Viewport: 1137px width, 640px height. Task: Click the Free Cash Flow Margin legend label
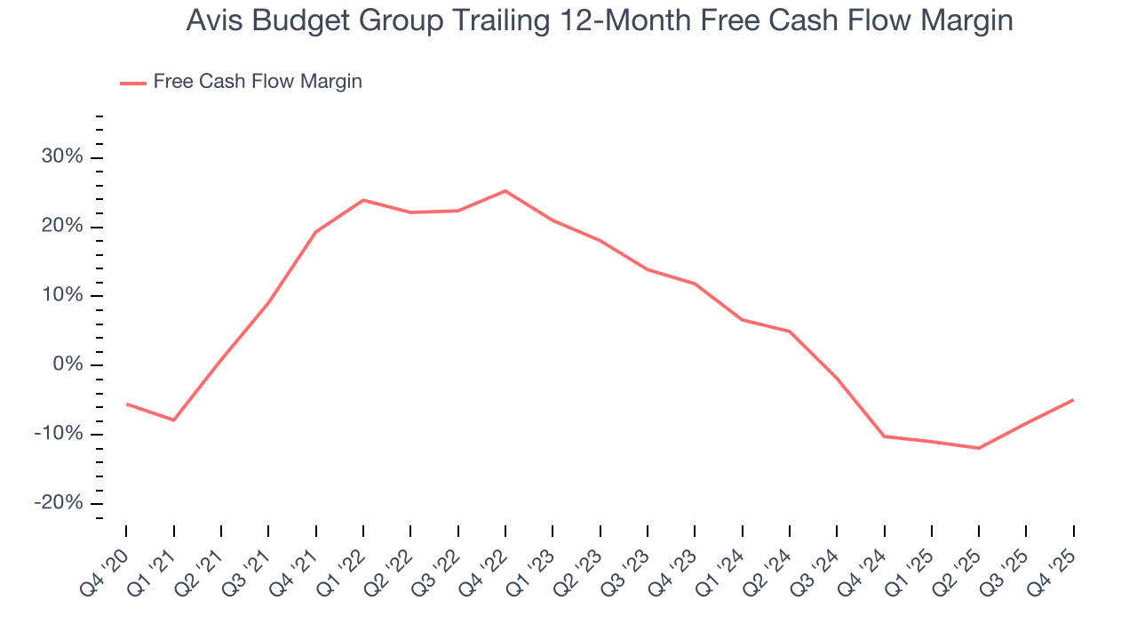point(258,82)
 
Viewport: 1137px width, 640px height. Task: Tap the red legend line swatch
point(133,83)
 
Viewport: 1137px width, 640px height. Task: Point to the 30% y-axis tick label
point(61,157)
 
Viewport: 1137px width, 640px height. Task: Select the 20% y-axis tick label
point(61,227)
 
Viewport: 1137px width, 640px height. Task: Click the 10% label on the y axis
point(61,295)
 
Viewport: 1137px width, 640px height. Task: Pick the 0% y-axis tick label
point(67,364)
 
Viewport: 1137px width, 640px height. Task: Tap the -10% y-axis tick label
point(59,434)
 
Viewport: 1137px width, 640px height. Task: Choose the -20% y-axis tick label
point(59,503)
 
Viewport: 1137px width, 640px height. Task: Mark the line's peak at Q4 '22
point(505,190)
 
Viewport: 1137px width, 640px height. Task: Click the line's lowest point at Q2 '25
point(979,448)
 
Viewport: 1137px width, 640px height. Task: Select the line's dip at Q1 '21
point(173,420)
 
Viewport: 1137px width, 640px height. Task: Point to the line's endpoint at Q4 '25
point(1073,400)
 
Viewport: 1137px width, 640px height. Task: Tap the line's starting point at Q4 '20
point(126,404)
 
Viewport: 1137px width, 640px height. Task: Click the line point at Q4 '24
point(884,436)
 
